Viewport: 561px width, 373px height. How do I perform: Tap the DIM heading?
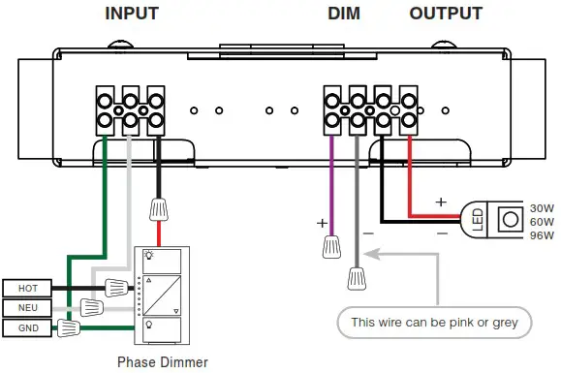[x=344, y=14]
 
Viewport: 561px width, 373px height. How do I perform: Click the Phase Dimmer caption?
[x=162, y=361]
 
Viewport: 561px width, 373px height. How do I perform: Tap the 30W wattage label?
[x=541, y=206]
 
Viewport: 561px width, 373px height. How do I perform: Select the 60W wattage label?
[x=541, y=220]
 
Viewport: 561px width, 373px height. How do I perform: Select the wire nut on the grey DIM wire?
[x=358, y=278]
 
